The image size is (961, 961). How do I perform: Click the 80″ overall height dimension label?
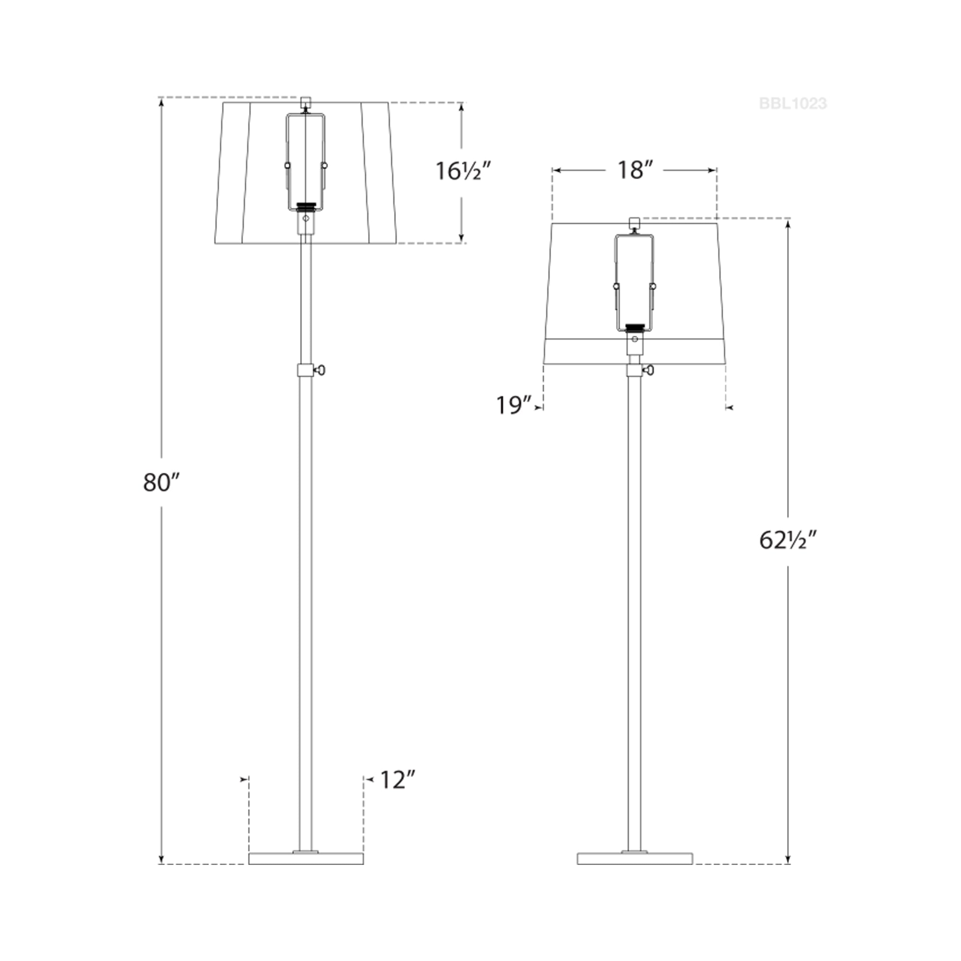click(161, 482)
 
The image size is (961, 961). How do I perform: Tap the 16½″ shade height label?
click(464, 172)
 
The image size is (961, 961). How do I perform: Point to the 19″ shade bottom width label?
click(514, 406)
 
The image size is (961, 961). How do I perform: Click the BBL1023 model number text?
click(793, 103)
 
